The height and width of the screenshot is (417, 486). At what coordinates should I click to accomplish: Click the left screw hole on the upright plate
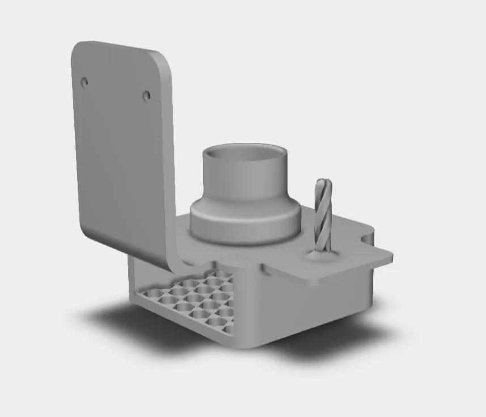[x=84, y=82]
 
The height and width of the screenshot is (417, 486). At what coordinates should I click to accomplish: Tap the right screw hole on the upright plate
[x=146, y=95]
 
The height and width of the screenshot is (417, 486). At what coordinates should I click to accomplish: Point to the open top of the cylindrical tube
[x=245, y=154]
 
